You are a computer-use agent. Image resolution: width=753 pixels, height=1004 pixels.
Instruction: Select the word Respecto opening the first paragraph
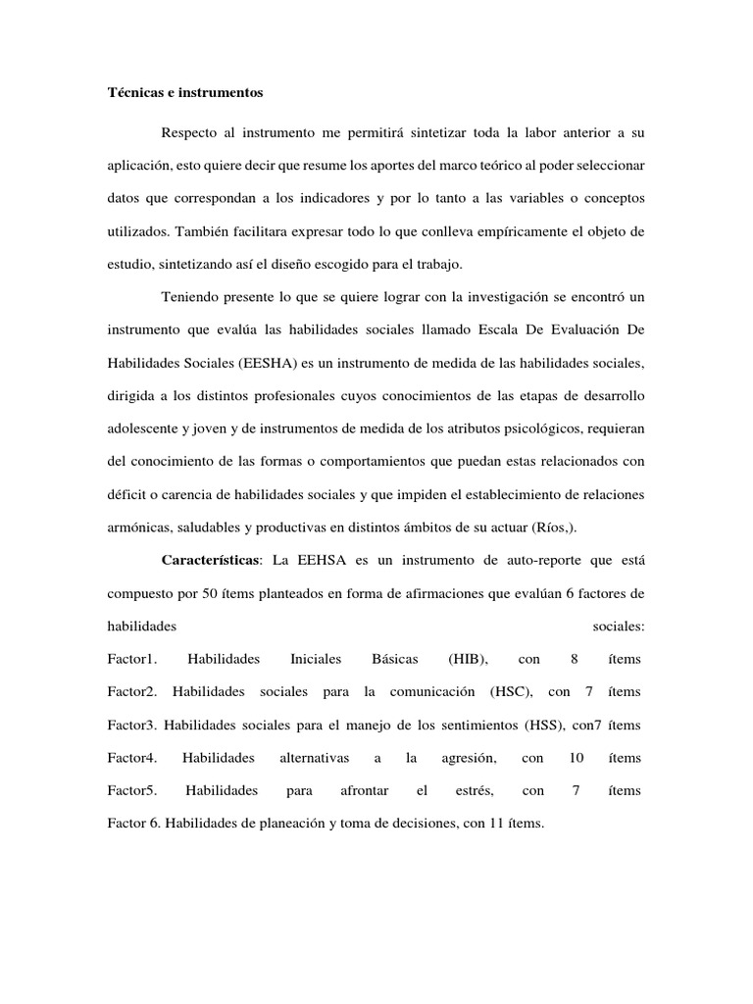(x=191, y=131)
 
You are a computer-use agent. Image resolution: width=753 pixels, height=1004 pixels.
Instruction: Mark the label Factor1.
(x=132, y=659)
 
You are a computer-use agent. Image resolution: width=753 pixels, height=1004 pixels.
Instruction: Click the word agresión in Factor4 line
(x=472, y=758)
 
